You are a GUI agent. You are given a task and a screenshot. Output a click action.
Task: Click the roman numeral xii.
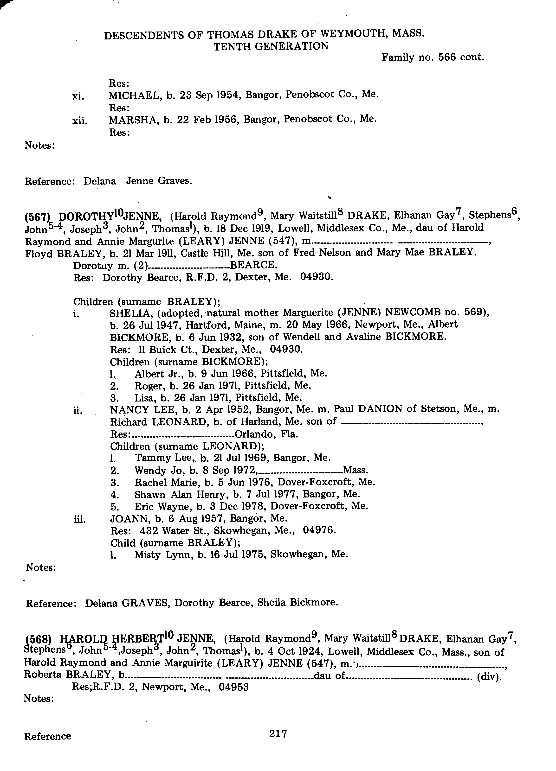[x=80, y=121]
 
